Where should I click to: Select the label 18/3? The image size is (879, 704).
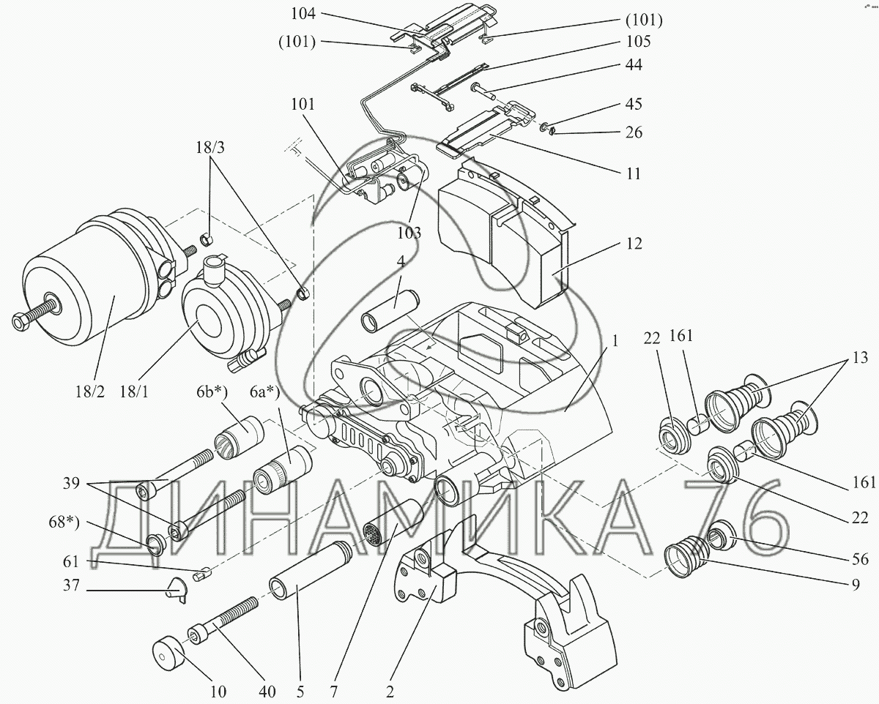point(210,147)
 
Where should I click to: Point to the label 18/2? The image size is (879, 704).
point(90,392)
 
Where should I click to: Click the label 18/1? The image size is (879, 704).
point(134,392)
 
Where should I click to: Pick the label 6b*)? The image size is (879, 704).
point(212,392)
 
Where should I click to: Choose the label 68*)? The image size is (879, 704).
point(64,523)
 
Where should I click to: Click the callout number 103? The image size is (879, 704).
point(409,233)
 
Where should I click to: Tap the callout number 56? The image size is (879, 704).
point(860,558)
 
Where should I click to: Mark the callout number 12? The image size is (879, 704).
point(634,244)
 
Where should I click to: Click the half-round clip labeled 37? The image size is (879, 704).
point(177,590)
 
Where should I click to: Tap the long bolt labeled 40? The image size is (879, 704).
point(223,621)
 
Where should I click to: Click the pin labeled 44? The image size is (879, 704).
point(484,90)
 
